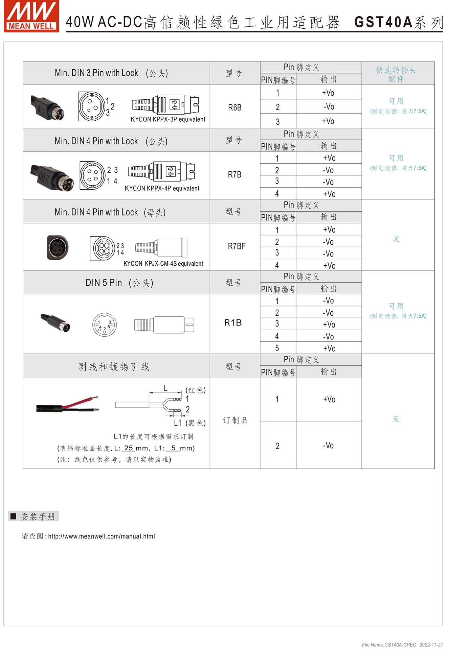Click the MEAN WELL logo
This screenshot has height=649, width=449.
[x=31, y=16]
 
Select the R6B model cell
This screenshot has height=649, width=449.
[x=234, y=107]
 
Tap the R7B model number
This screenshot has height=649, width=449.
[x=234, y=174]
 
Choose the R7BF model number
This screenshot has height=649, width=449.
[x=237, y=246]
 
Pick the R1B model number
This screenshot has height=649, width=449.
[x=233, y=322]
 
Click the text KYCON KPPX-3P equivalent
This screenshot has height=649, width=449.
[x=168, y=119]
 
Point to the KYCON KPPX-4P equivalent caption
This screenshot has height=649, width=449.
[x=162, y=188]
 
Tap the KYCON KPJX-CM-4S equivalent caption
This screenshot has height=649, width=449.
[x=163, y=264]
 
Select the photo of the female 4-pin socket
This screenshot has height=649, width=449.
[x=58, y=247]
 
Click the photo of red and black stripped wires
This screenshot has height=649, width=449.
[x=68, y=404]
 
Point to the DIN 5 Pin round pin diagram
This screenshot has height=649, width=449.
[x=105, y=325]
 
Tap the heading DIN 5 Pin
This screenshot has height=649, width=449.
[x=104, y=283]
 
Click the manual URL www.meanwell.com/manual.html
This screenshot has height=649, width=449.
[x=102, y=536]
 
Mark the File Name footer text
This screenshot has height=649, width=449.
[x=402, y=645]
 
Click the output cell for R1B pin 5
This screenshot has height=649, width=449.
[x=329, y=348]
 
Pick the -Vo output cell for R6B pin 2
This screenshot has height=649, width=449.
[x=329, y=107]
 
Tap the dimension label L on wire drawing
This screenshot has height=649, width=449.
[x=165, y=388]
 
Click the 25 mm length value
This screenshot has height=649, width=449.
[x=129, y=448]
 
